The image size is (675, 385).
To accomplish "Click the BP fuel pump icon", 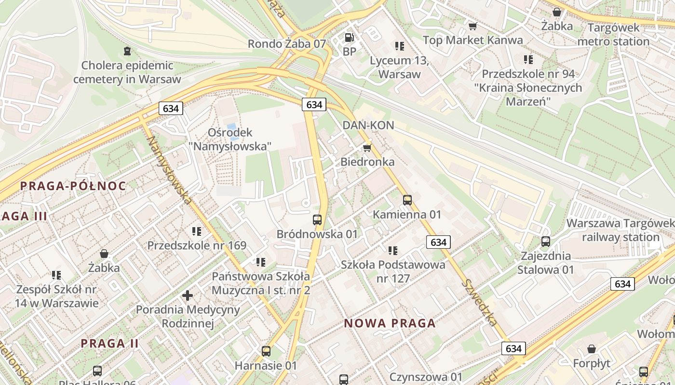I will [349, 37].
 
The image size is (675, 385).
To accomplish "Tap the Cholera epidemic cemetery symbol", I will [127, 51].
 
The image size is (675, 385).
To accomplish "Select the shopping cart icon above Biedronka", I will [367, 148].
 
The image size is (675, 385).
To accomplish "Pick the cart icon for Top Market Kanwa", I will [472, 26].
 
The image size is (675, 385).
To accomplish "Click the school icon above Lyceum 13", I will [399, 46].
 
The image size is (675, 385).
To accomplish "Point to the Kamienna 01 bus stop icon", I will [407, 200].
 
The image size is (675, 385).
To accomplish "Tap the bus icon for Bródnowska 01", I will [317, 220].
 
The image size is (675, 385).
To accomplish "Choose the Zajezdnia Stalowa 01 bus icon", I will [546, 242].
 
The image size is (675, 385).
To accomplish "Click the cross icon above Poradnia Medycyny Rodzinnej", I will [188, 295].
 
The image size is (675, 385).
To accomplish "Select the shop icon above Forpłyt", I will [592, 349].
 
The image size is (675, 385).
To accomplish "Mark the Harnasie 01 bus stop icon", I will [266, 351].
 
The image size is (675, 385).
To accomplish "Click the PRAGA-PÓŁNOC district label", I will [73, 186].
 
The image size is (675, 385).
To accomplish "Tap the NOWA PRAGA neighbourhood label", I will [390, 323].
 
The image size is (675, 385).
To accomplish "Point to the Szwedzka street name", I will [479, 302].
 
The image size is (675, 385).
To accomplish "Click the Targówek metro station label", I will [613, 35].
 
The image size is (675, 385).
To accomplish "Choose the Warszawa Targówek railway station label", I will [621, 230].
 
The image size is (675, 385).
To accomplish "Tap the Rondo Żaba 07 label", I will [287, 44].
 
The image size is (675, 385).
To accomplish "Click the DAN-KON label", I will [368, 126].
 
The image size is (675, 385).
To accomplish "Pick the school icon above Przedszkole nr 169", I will [197, 231].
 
